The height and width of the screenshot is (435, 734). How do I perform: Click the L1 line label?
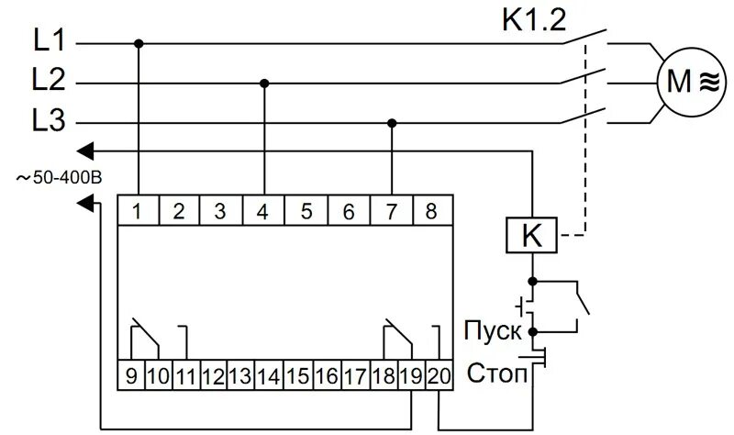(x=48, y=41)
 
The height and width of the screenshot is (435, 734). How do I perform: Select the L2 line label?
(x=48, y=82)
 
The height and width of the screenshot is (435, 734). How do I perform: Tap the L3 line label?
(x=48, y=122)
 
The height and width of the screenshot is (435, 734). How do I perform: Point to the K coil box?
(x=531, y=236)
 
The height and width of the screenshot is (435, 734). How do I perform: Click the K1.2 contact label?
(x=535, y=19)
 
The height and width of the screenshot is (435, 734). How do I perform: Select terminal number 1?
(x=137, y=211)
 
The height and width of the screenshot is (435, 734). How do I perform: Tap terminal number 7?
(x=391, y=211)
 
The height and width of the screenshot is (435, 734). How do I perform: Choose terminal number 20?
(x=439, y=375)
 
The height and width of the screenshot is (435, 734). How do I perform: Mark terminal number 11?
(x=185, y=375)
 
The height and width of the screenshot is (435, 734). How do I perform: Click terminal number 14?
(x=267, y=375)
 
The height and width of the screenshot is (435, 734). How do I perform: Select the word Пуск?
(x=493, y=330)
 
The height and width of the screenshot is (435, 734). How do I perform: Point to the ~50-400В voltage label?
(x=57, y=178)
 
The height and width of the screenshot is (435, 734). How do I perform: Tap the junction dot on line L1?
(x=139, y=42)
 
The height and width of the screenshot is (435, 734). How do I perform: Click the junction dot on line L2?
(x=264, y=83)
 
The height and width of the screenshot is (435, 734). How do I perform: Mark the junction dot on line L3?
(x=393, y=122)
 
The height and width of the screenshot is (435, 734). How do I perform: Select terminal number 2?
(x=179, y=211)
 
